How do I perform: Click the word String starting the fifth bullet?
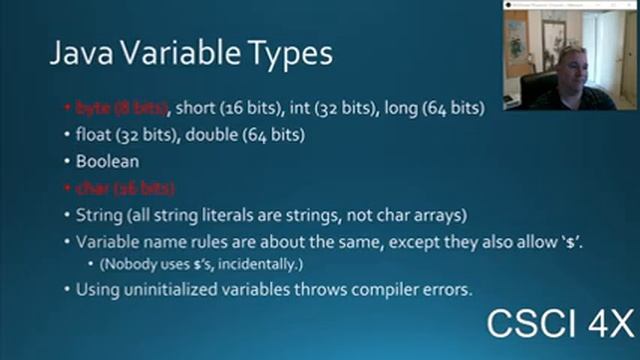pyautogui.click(x=96, y=215)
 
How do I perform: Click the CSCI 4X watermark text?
pyautogui.click(x=559, y=326)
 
